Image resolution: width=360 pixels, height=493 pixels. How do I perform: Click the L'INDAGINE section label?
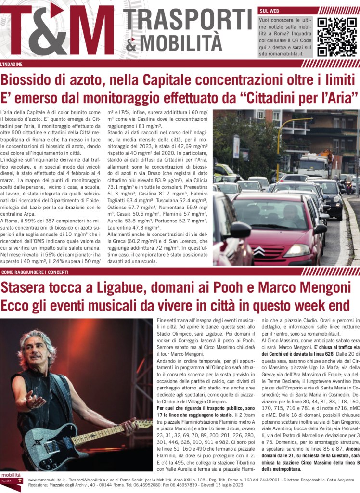point(11,64)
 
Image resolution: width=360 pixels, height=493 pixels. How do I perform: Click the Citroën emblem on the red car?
point(259,251)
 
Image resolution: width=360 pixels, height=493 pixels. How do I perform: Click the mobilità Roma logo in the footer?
point(12,482)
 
